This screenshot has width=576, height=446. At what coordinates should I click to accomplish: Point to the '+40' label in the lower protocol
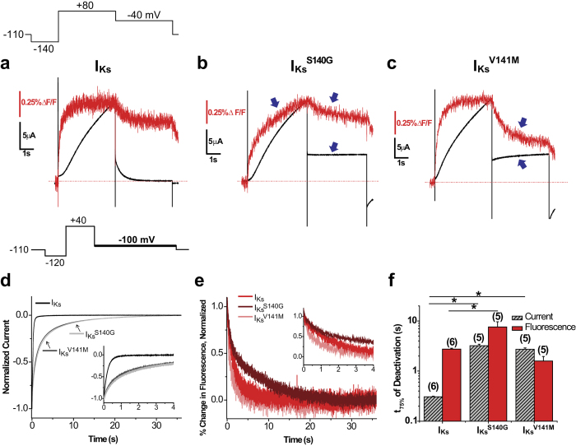coord(79,220)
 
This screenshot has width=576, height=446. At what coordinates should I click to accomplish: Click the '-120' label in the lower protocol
coord(54,262)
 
